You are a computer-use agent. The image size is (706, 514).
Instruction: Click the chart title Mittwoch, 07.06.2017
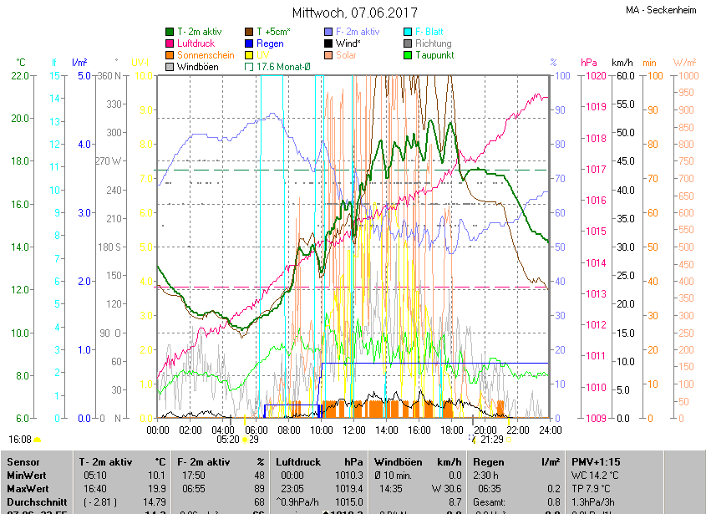354,13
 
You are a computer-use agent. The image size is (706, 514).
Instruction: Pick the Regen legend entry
269,43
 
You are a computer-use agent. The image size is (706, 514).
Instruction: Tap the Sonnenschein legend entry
206,55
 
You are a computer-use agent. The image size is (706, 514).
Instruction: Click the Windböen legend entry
197,66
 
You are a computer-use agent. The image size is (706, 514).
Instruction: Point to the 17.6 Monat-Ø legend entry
282,66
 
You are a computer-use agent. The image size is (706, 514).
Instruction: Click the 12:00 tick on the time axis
354,430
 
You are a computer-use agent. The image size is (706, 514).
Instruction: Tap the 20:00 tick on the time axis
485,430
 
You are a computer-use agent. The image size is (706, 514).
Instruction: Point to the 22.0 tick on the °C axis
19,76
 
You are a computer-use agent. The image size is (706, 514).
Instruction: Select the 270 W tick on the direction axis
109,161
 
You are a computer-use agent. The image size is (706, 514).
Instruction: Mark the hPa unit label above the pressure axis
589,63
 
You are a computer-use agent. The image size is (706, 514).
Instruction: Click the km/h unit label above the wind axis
622,63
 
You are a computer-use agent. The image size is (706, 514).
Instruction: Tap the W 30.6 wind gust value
446,488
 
